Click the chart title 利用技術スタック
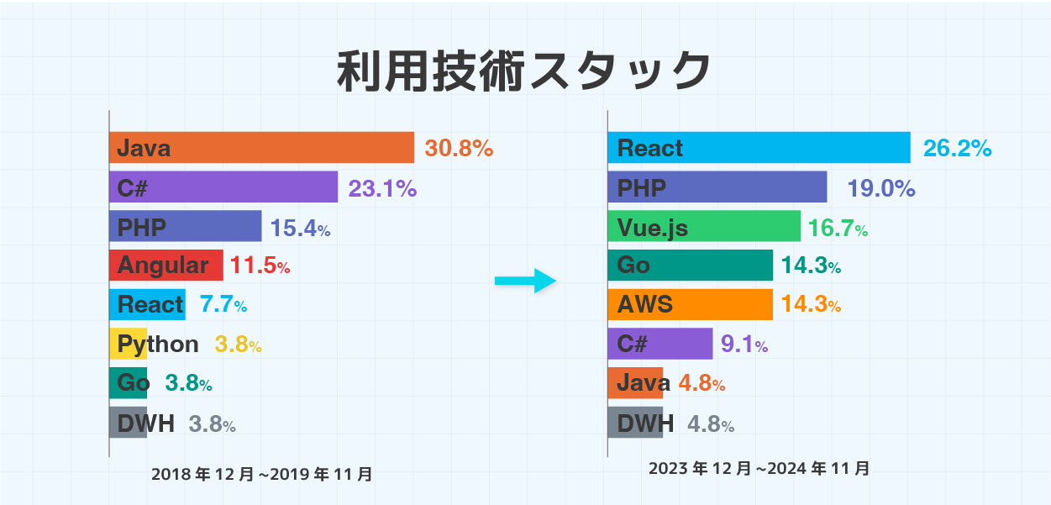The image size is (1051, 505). (x=524, y=71)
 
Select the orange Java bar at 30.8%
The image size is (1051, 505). (x=261, y=148)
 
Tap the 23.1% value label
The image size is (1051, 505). (x=382, y=188)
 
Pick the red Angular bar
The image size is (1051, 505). (x=166, y=266)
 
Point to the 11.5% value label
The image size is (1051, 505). (x=260, y=266)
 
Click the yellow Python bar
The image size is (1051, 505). (x=129, y=344)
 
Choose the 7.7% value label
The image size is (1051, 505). (x=223, y=305)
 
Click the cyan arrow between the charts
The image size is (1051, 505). (x=526, y=281)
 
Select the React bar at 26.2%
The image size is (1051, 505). (x=759, y=148)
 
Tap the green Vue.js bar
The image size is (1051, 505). (x=704, y=226)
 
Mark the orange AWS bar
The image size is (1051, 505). (x=690, y=304)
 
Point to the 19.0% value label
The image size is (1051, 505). (x=881, y=188)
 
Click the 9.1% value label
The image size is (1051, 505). (x=744, y=344)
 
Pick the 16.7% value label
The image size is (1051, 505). (x=838, y=227)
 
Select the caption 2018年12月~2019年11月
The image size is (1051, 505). (x=262, y=475)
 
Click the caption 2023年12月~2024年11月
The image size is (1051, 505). (x=759, y=469)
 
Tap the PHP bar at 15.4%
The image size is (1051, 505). (x=185, y=227)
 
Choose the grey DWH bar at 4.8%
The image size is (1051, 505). (x=635, y=422)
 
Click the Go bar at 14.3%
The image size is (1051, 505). (x=690, y=266)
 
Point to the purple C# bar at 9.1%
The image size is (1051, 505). (x=660, y=344)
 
